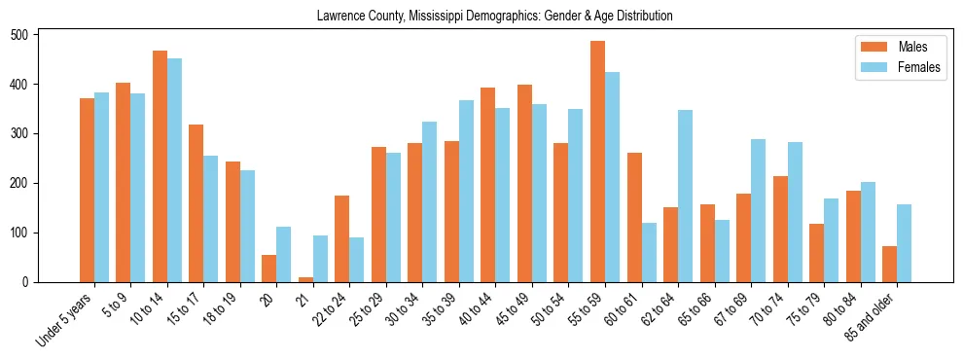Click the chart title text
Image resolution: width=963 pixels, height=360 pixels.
[495, 17]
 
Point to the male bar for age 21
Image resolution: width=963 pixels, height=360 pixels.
[305, 279]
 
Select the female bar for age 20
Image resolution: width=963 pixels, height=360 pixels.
[284, 254]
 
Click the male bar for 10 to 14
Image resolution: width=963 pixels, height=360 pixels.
[160, 166]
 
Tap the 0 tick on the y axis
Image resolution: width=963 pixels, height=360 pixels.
[31, 282]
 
